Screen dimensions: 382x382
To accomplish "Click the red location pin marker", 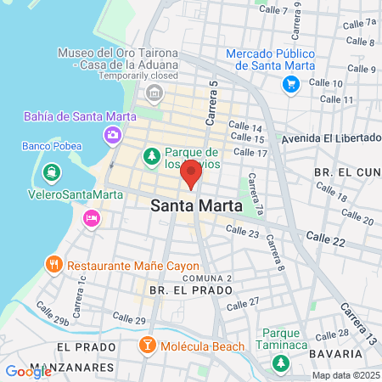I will (x=191, y=173).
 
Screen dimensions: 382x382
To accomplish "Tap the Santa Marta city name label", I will (x=196, y=205).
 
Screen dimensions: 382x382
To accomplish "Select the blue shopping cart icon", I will (x=291, y=83).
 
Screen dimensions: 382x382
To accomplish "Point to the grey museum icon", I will (x=154, y=92).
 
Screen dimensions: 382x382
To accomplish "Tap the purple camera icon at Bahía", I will (x=112, y=134).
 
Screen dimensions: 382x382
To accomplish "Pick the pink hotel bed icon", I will (x=91, y=219).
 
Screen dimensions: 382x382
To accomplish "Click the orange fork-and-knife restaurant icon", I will (x=53, y=264).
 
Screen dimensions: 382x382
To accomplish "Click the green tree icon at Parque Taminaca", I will (x=280, y=362).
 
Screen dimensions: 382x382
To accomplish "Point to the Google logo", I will (x=28, y=371).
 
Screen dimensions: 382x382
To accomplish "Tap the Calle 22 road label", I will (x=326, y=239).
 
